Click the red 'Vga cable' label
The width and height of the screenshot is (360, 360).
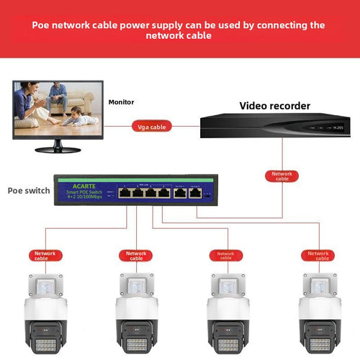click(x=152, y=126)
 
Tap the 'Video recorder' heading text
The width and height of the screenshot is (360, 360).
click(x=274, y=106)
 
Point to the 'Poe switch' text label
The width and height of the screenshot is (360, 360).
click(x=29, y=191)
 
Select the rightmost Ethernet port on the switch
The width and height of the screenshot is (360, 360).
click(x=194, y=193)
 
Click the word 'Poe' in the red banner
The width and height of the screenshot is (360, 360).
click(x=42, y=25)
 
